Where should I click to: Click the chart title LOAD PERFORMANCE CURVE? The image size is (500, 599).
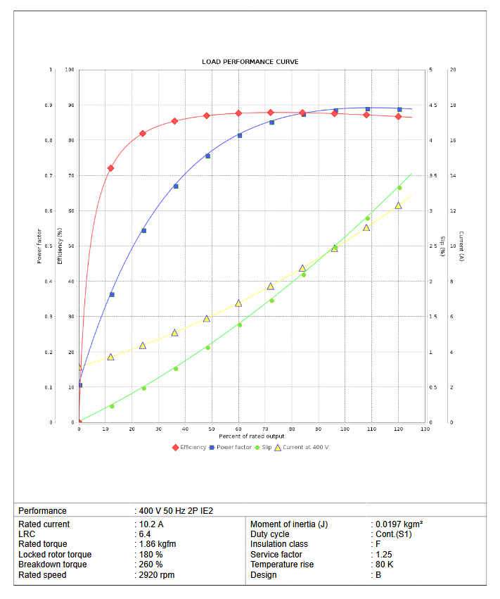click(250, 62)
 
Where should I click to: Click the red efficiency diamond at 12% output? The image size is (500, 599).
click(110, 168)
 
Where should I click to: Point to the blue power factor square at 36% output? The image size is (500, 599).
click(176, 186)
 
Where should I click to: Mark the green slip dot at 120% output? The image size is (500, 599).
click(399, 187)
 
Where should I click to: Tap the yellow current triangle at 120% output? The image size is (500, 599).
click(399, 206)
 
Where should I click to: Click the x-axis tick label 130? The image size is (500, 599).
click(425, 429)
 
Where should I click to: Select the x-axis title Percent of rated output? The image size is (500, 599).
click(252, 436)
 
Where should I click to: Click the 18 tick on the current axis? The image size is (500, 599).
click(453, 105)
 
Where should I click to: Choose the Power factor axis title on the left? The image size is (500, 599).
click(39, 246)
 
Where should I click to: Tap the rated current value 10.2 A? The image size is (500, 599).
click(151, 524)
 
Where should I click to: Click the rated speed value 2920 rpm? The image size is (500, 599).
click(156, 575)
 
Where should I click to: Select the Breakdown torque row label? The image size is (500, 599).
click(53, 565)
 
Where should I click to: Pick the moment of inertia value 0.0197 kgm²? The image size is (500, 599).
click(399, 524)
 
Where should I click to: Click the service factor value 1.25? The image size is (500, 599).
click(384, 555)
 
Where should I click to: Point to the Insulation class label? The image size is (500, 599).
click(279, 545)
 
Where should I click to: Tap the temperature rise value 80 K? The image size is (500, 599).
click(384, 565)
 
